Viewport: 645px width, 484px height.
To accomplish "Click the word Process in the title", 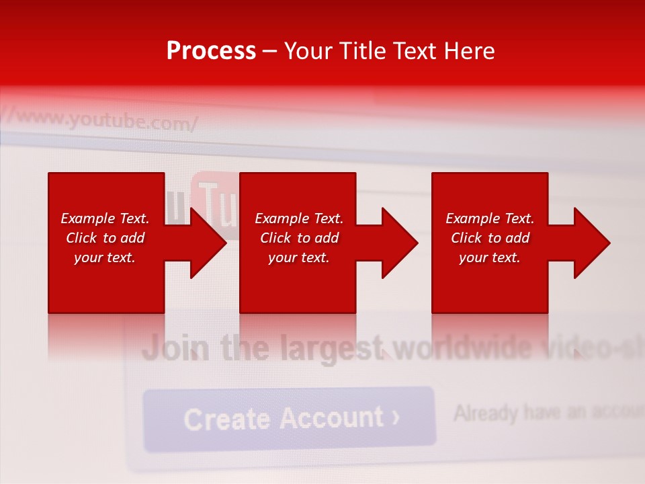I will point(211,51).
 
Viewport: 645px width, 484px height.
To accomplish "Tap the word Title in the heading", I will point(362,51).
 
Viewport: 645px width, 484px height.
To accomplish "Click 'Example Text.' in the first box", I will point(105,218).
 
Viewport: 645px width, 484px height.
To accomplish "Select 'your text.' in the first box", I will point(105,257).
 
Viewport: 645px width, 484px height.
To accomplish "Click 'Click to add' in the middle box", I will point(299,238).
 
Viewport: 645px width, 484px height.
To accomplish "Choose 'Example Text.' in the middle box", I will point(299,218).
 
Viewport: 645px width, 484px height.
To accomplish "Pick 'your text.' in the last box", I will point(490,257).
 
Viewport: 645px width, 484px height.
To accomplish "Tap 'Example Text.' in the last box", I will point(490,218).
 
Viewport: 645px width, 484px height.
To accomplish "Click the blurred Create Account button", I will point(290,418).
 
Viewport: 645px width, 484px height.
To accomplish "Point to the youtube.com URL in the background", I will point(107,121).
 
